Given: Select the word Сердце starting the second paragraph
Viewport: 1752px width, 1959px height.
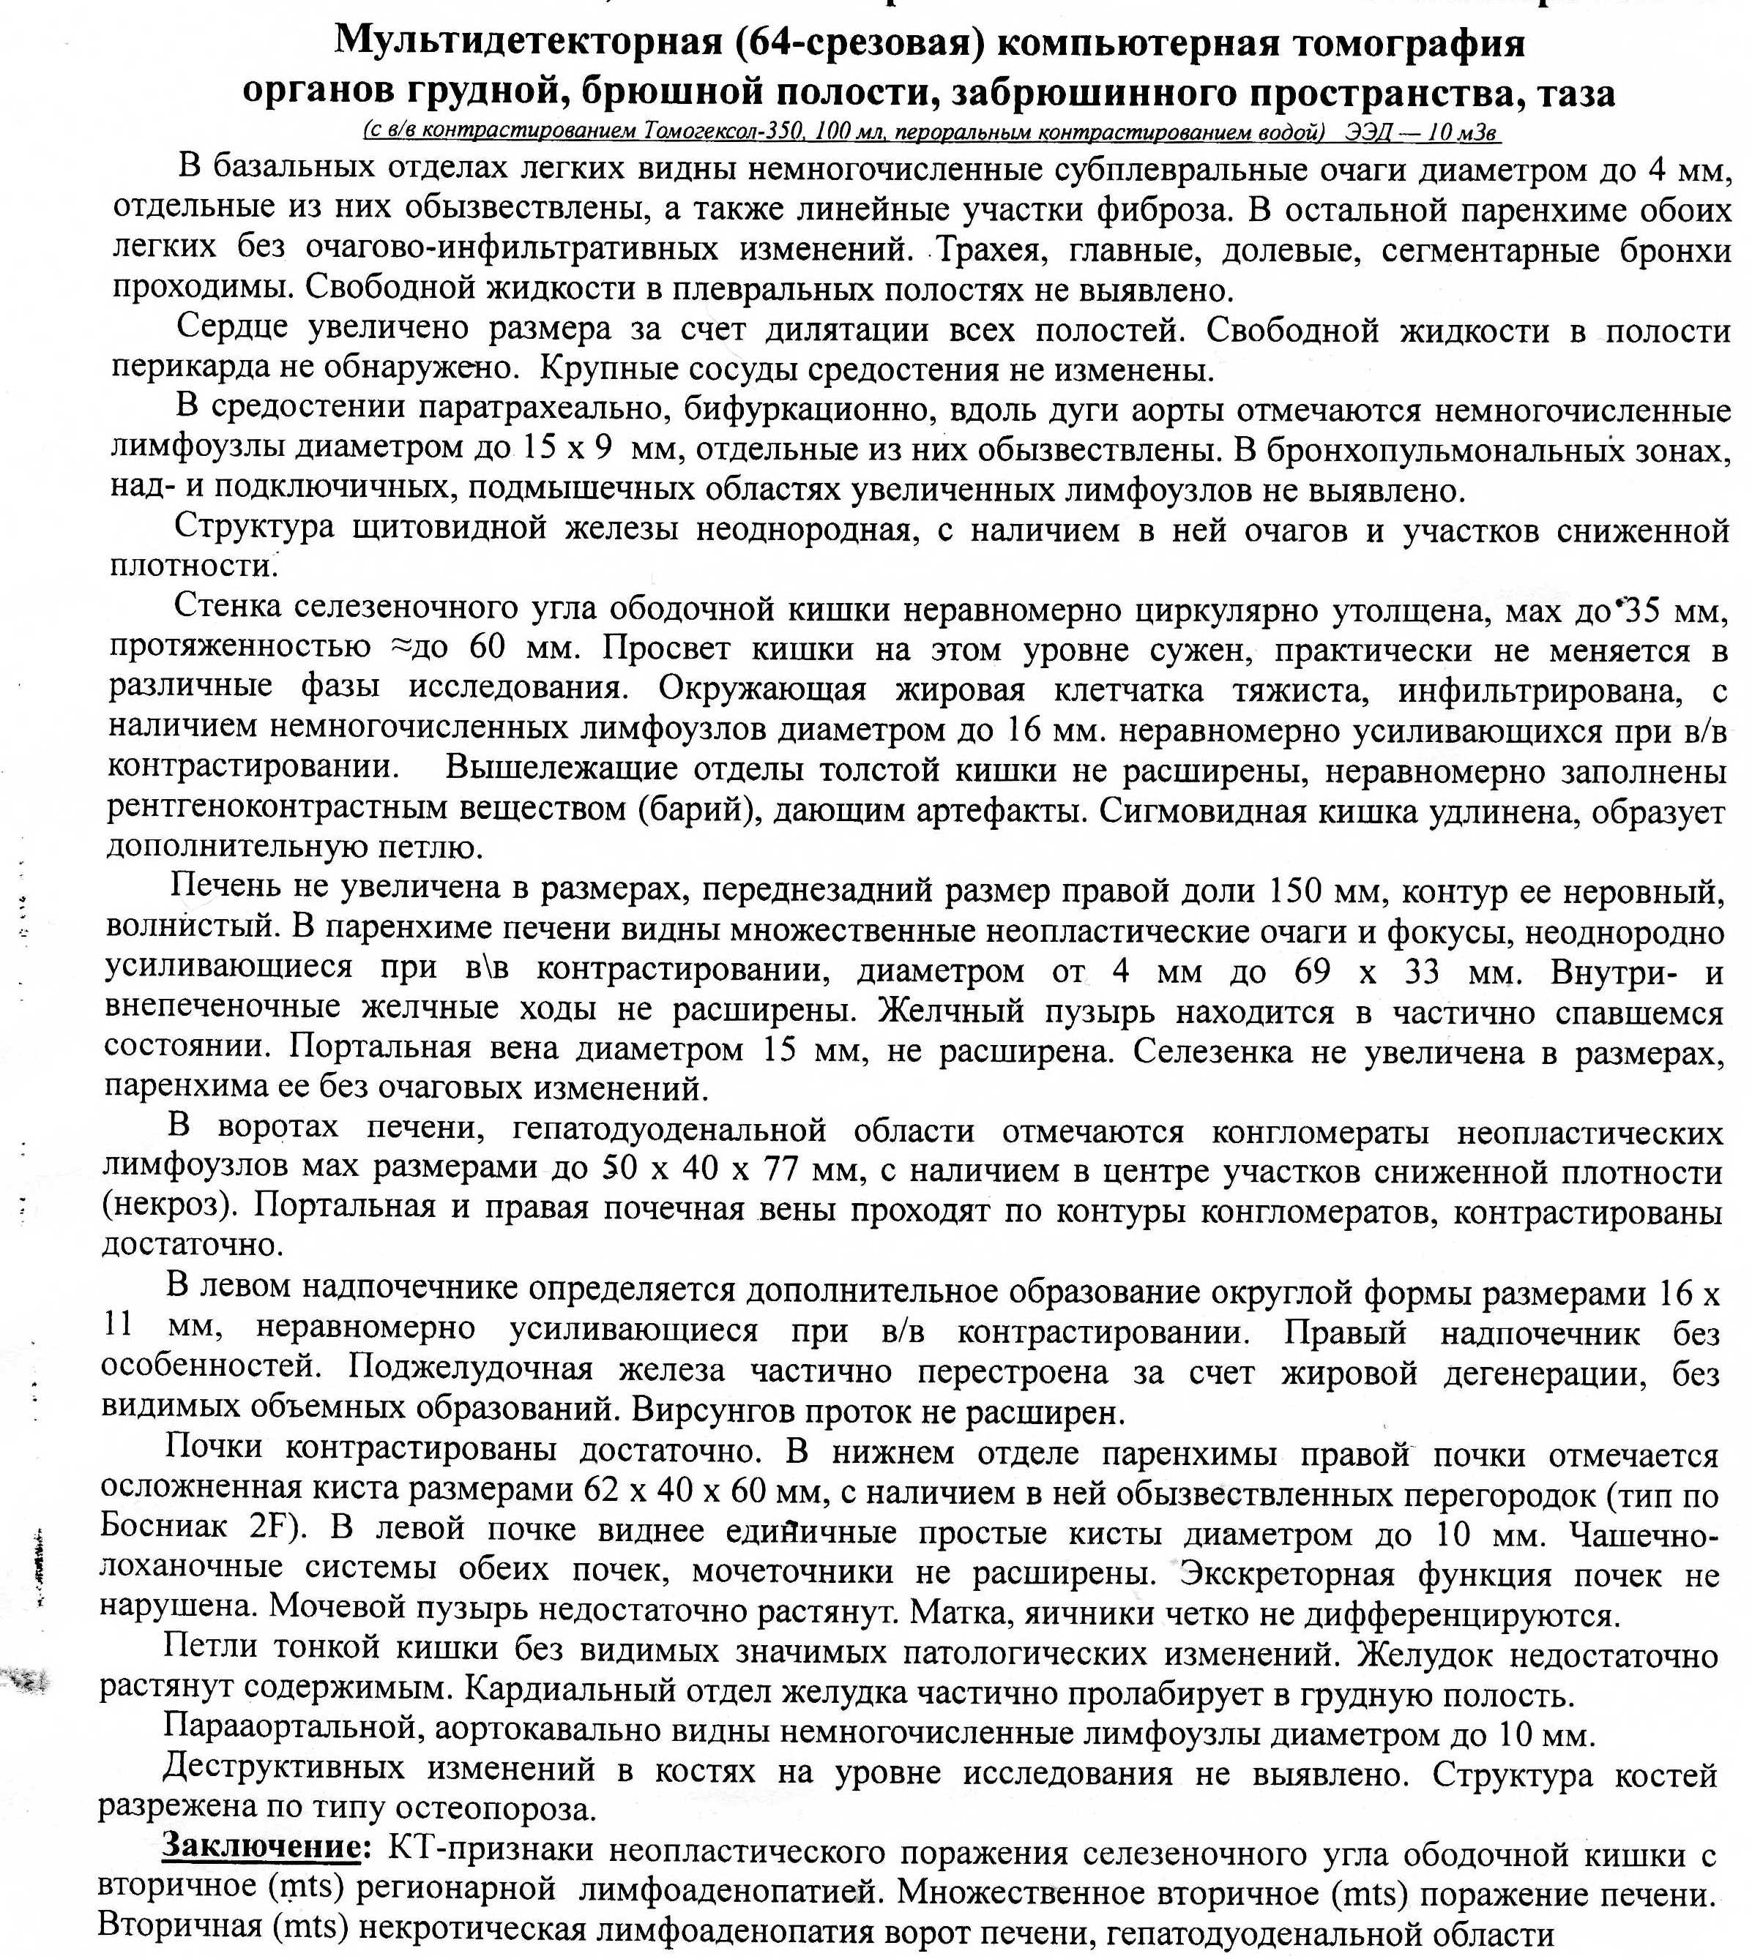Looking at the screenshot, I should tap(232, 328).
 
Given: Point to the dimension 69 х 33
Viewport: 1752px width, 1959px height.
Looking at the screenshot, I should tap(1367, 971).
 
